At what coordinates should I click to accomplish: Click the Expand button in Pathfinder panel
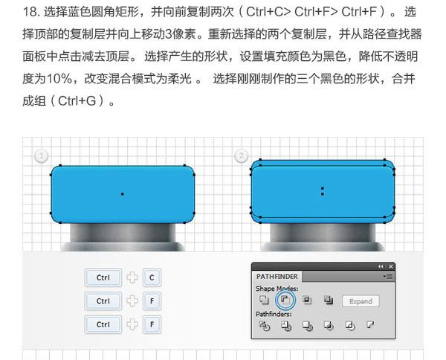(361, 301)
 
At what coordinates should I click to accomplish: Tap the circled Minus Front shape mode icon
(285, 300)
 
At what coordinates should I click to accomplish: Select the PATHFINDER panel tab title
(277, 277)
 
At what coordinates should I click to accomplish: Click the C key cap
(152, 277)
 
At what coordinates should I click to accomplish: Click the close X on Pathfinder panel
(391, 266)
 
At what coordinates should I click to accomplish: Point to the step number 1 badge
(41, 155)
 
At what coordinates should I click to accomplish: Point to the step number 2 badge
(241, 155)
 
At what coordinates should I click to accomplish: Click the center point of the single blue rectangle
(123, 194)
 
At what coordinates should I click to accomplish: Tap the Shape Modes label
(277, 289)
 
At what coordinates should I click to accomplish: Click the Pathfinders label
(274, 314)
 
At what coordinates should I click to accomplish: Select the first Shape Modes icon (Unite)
(264, 300)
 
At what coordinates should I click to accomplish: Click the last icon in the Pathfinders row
(370, 325)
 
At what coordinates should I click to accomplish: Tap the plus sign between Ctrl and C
(132, 277)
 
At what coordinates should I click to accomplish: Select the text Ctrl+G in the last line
(77, 100)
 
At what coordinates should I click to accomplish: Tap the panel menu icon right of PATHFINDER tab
(387, 277)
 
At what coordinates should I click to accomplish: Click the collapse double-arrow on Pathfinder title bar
(381, 266)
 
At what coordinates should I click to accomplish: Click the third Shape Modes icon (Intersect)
(307, 300)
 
